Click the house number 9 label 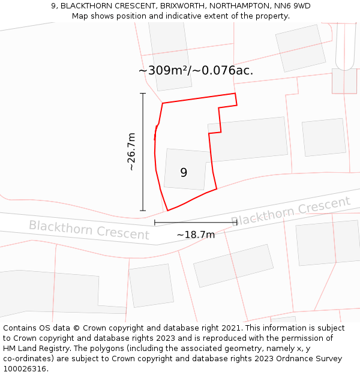pos(184,173)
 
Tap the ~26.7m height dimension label pos(131,152)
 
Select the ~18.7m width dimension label pos(196,235)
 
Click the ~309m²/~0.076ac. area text pos(196,71)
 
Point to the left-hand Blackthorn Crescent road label pos(89,230)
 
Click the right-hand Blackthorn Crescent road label pos(290,211)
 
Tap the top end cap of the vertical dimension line pos(143,94)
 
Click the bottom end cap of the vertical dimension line pos(143,211)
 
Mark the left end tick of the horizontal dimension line pos(155,223)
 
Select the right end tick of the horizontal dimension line pos(237,223)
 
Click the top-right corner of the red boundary pos(235,94)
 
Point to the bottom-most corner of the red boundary pos(167,211)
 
